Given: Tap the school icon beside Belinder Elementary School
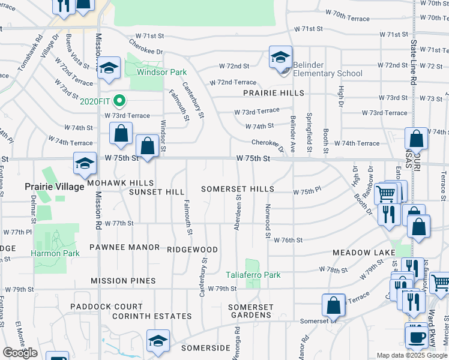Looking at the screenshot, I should pos(280,58).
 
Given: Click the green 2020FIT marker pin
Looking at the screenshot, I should pos(119,100).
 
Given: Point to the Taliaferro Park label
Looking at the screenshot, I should pos(254,275).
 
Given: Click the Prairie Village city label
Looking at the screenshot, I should pos(55,187).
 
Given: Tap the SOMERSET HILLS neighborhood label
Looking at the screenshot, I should pos(237,189).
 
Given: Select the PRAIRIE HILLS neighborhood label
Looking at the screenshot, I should pos(274,93).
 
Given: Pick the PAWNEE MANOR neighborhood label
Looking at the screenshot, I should pos(124,247).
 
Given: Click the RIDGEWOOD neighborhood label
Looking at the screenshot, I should pos(192,249).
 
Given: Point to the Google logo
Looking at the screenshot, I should pos(20,353).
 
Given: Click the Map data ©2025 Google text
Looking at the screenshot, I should pos(412,355).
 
